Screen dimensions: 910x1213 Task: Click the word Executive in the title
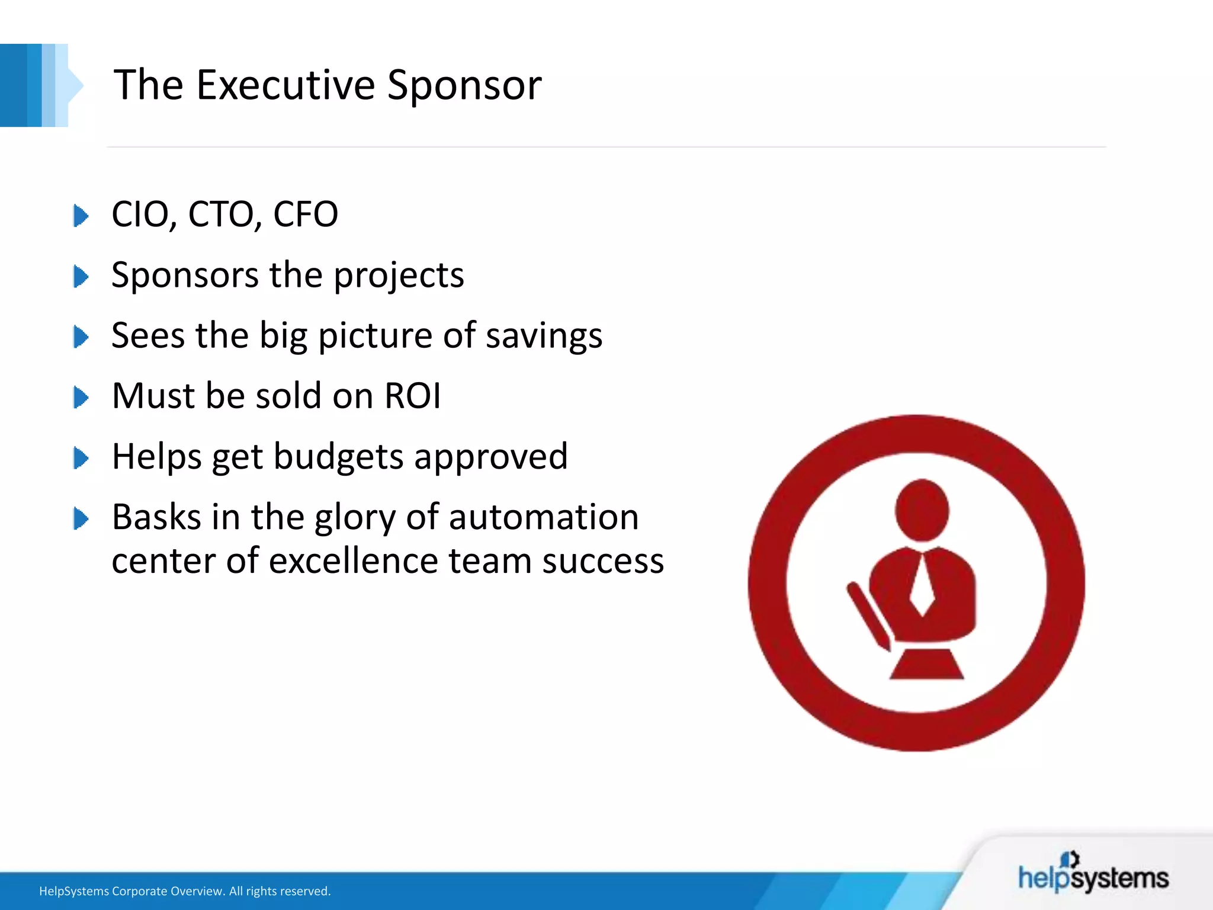(285, 85)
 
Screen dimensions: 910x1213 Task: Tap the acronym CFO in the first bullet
(305, 214)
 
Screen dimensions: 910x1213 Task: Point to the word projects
(399, 275)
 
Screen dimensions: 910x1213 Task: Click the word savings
(544, 336)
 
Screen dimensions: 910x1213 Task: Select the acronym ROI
(413, 396)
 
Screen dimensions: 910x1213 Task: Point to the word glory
(354, 517)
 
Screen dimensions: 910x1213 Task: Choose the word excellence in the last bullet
(352, 560)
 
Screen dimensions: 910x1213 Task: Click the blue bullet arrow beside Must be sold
(81, 397)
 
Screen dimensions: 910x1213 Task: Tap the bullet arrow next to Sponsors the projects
(81, 277)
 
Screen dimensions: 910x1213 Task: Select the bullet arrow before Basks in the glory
(81, 518)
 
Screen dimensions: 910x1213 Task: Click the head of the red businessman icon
(922, 510)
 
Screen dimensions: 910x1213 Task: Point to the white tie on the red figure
(922, 587)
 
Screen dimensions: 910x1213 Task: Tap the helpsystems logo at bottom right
(1093, 874)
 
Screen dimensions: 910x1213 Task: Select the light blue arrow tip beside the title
(75, 85)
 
